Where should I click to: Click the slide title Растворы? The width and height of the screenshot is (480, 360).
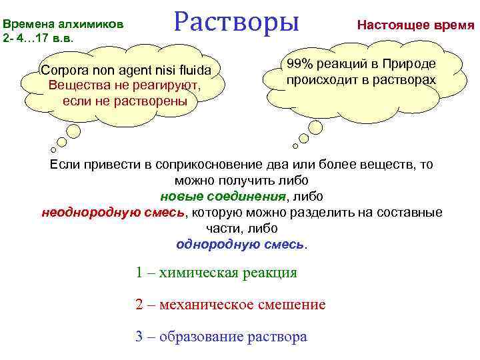237,21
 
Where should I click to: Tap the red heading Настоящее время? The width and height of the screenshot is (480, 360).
415,25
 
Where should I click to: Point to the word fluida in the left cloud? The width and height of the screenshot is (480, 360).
192,71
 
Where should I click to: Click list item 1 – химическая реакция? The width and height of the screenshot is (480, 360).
216,273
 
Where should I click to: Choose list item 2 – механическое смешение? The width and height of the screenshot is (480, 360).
230,305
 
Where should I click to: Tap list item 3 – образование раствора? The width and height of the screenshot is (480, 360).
221,337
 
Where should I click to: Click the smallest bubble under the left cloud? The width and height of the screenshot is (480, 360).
53,149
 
